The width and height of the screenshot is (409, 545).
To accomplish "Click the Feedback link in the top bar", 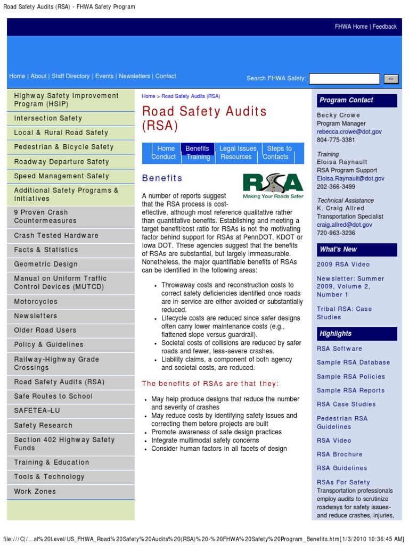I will pos(385,27).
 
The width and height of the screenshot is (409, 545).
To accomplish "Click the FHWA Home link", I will pos(351,27).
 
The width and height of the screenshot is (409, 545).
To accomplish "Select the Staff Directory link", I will pos(70,76).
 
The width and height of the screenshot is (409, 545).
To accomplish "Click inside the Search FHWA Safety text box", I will pos(344,79).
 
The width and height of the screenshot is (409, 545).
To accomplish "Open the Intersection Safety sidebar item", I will pos(48,118).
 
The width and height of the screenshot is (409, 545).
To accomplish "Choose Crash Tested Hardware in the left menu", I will pos(56,235).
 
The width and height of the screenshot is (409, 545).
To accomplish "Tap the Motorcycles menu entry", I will pos(36,302).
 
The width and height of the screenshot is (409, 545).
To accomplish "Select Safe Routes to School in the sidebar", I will pos(53,396).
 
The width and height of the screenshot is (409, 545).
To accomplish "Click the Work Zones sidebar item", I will pos(35,491).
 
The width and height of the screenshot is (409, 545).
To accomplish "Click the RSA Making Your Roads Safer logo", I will pos(273,186).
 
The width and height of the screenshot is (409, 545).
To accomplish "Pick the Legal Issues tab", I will pos(238,148).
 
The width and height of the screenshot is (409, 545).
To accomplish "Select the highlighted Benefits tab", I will pos(198,148).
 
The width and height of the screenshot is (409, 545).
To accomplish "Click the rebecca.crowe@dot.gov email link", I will pos(349,131).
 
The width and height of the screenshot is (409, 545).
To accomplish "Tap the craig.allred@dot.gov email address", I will pos(345,225).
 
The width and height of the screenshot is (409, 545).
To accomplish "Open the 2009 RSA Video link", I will pos(343,265).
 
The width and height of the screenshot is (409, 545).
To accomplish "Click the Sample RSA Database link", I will pos(353,362).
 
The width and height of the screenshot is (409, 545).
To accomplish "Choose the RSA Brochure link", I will pos(339,454).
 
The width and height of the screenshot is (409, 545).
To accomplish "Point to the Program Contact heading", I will pos(346,100).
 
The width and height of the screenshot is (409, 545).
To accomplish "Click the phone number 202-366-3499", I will pos(336,187).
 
